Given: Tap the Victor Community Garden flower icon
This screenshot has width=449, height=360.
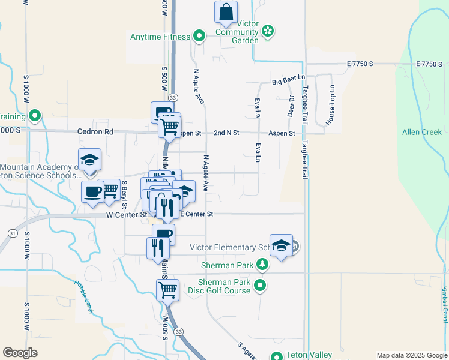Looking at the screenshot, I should (268, 30).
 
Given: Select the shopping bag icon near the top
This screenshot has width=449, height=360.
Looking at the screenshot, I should (226, 11).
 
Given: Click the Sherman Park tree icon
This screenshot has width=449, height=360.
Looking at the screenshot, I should (262, 264).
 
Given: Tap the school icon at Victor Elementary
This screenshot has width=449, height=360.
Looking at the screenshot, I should (281, 245).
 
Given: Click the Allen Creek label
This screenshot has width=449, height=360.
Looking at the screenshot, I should (421, 132).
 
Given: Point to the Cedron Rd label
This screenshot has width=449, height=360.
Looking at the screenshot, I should (95, 131).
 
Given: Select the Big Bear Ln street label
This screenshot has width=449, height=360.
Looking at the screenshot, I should (288, 81).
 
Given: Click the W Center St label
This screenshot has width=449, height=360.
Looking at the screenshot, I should (127, 214).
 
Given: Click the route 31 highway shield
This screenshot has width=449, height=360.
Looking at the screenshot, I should (12, 233).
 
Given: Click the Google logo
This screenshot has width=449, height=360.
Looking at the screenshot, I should (20, 353).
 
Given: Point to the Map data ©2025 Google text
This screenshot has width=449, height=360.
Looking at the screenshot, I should (411, 355).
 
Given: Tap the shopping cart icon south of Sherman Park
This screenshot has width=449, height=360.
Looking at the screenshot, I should (167, 290).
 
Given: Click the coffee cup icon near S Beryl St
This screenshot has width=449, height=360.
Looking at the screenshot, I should (92, 191).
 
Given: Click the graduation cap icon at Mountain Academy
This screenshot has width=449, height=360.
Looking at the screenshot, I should (89, 160).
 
